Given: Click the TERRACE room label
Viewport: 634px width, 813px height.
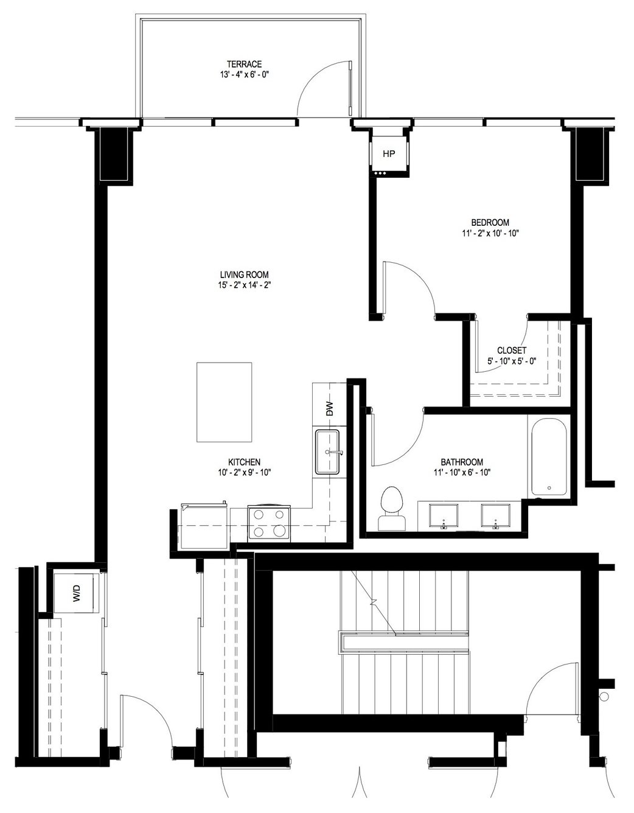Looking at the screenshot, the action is pos(244,65).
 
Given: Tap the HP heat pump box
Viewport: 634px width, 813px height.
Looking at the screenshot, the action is pos(389,154).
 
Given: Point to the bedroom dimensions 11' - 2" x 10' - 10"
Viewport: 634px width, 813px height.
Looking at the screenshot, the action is pos(490,234).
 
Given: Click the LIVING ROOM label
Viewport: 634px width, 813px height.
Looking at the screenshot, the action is pos(244,274).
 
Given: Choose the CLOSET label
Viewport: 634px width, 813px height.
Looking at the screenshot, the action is pos(512,351).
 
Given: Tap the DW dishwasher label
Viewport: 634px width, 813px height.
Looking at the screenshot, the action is pos(329,409).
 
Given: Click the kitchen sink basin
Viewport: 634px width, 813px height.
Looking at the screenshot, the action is pos(327,452).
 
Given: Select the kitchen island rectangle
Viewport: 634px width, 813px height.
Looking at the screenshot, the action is pos(225,402).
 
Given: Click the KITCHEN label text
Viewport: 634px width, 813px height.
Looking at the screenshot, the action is pos(244,462).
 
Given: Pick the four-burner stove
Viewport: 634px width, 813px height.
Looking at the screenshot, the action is pos(269,523).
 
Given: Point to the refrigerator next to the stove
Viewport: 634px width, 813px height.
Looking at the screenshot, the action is pos(204,526).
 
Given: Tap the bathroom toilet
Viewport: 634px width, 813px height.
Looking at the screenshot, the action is pos(392,508).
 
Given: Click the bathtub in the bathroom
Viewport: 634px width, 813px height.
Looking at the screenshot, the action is pos(549,456).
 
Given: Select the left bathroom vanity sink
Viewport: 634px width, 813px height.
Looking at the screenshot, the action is pos(444,516).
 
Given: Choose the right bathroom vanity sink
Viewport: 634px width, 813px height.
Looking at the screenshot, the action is pos(496,516).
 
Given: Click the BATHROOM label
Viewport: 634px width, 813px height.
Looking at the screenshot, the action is pos(462,462).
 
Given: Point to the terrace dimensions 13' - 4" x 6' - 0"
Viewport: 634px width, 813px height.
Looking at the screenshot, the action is pos(245,75).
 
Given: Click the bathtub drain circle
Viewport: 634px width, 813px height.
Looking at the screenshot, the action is pos(549,488).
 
